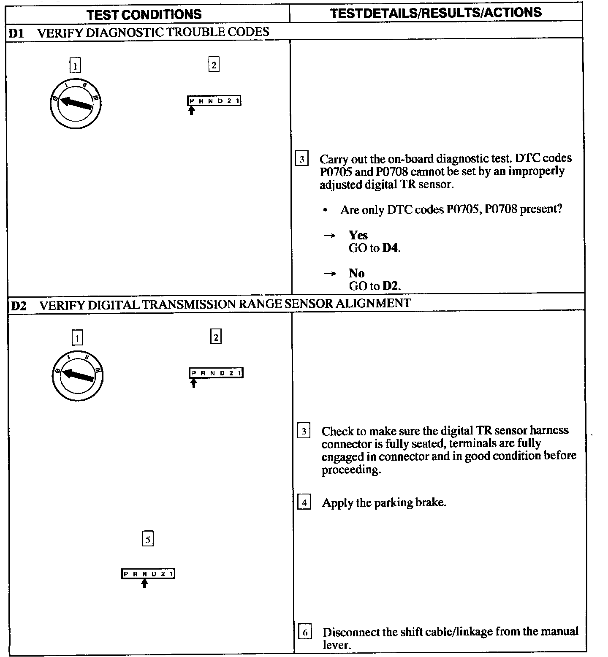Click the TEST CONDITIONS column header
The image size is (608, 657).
click(144, 14)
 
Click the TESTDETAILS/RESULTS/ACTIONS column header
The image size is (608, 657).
click(436, 13)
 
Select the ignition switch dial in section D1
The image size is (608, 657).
click(75, 103)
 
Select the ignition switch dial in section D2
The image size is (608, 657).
click(77, 375)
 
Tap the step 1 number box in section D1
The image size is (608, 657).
click(75, 66)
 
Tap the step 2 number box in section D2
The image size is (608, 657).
click(216, 337)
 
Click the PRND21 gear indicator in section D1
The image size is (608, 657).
click(214, 101)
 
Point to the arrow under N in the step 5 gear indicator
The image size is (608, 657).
click(144, 583)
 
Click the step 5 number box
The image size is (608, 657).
click(148, 539)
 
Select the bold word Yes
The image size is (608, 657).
click(358, 235)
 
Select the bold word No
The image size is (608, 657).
click(356, 273)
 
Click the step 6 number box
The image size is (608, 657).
click(305, 633)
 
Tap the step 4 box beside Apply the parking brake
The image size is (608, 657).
click(304, 503)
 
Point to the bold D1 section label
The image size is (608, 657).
click(16, 33)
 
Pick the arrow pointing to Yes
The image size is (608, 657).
click(329, 236)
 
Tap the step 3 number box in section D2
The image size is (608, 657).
click(304, 432)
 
